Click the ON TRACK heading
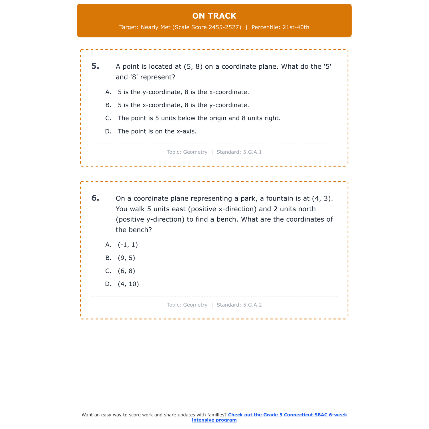click(x=214, y=16)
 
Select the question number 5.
click(x=95, y=66)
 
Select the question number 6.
click(x=95, y=198)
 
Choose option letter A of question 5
click(x=108, y=92)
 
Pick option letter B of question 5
click(x=108, y=105)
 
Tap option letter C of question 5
click(x=108, y=118)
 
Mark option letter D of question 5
click(x=108, y=131)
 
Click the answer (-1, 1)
click(x=128, y=245)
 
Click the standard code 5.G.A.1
click(x=252, y=152)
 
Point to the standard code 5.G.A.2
click(x=252, y=305)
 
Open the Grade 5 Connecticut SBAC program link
click(x=287, y=415)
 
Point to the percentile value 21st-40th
click(x=296, y=27)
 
